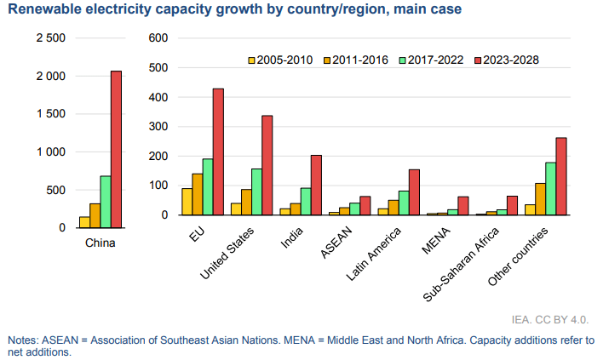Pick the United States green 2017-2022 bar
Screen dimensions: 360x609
pyautogui.click(x=256, y=191)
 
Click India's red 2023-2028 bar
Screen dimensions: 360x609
pyautogui.click(x=316, y=185)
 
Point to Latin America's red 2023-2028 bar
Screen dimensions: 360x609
pyautogui.click(x=414, y=192)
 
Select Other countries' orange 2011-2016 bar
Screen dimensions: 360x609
pyautogui.click(x=540, y=199)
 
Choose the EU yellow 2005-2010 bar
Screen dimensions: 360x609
pyautogui.click(x=187, y=202)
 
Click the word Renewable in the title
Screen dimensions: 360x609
pyautogui.click(x=45, y=11)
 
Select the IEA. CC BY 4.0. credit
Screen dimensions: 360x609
pyautogui.click(x=549, y=320)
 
